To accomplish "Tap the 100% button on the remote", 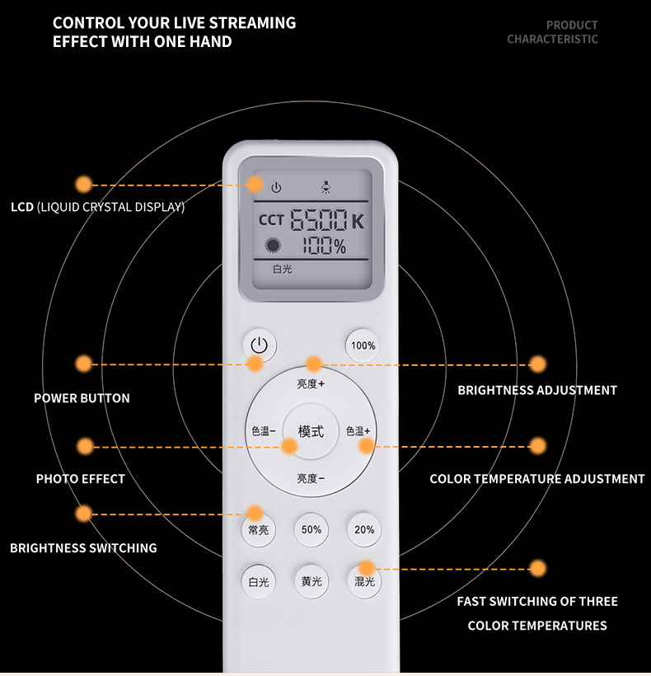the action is coord(363,345).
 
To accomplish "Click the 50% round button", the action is coord(311,529).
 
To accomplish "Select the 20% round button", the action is coord(364,529).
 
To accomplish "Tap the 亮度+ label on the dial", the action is coord(311,383).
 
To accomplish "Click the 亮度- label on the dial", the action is coord(311,478).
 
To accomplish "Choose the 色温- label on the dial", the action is coord(263,430).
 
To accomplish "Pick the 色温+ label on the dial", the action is coord(358,430).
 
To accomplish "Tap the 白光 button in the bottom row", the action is coord(259,581).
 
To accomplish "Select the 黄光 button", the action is coord(311,581).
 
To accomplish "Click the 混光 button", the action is coord(364,581).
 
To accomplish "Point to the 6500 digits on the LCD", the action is coord(318,220).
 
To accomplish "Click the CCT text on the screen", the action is coord(271,220).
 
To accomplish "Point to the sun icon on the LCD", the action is coord(273,246).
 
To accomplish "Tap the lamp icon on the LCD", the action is coord(325,187).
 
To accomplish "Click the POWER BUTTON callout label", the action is coord(82,398).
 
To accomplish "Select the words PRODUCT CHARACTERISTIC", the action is coord(553,32).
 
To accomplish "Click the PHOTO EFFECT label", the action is coord(81,478).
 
